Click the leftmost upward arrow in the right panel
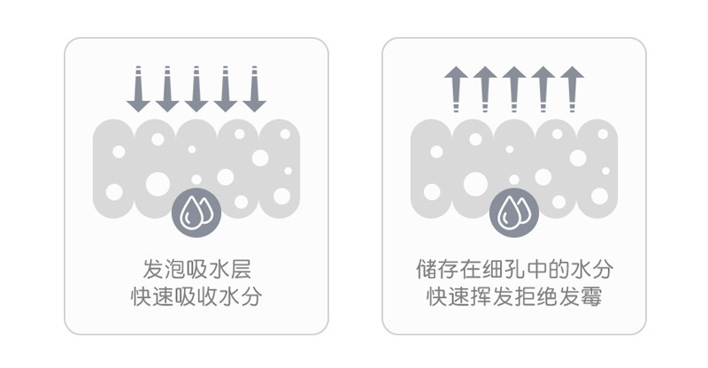click(456, 89)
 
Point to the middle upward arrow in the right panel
click(514, 89)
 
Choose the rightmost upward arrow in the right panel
click(573, 89)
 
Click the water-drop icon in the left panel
click(196, 210)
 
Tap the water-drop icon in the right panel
click(514, 210)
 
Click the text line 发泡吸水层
click(196, 268)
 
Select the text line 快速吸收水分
click(196, 296)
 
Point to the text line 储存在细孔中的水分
click(514, 268)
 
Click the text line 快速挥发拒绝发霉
click(514, 296)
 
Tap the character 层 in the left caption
click(239, 268)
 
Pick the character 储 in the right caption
click(427, 268)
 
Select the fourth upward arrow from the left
click(543, 89)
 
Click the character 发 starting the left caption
click(152, 268)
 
